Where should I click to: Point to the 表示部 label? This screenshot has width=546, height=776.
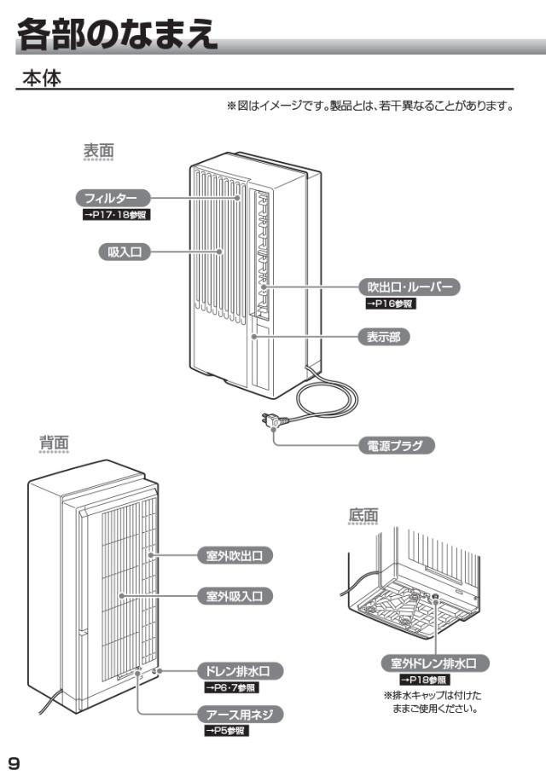point(382,337)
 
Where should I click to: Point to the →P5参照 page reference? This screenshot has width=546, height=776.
point(225,731)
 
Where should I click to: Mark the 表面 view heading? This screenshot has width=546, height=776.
point(98,151)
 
